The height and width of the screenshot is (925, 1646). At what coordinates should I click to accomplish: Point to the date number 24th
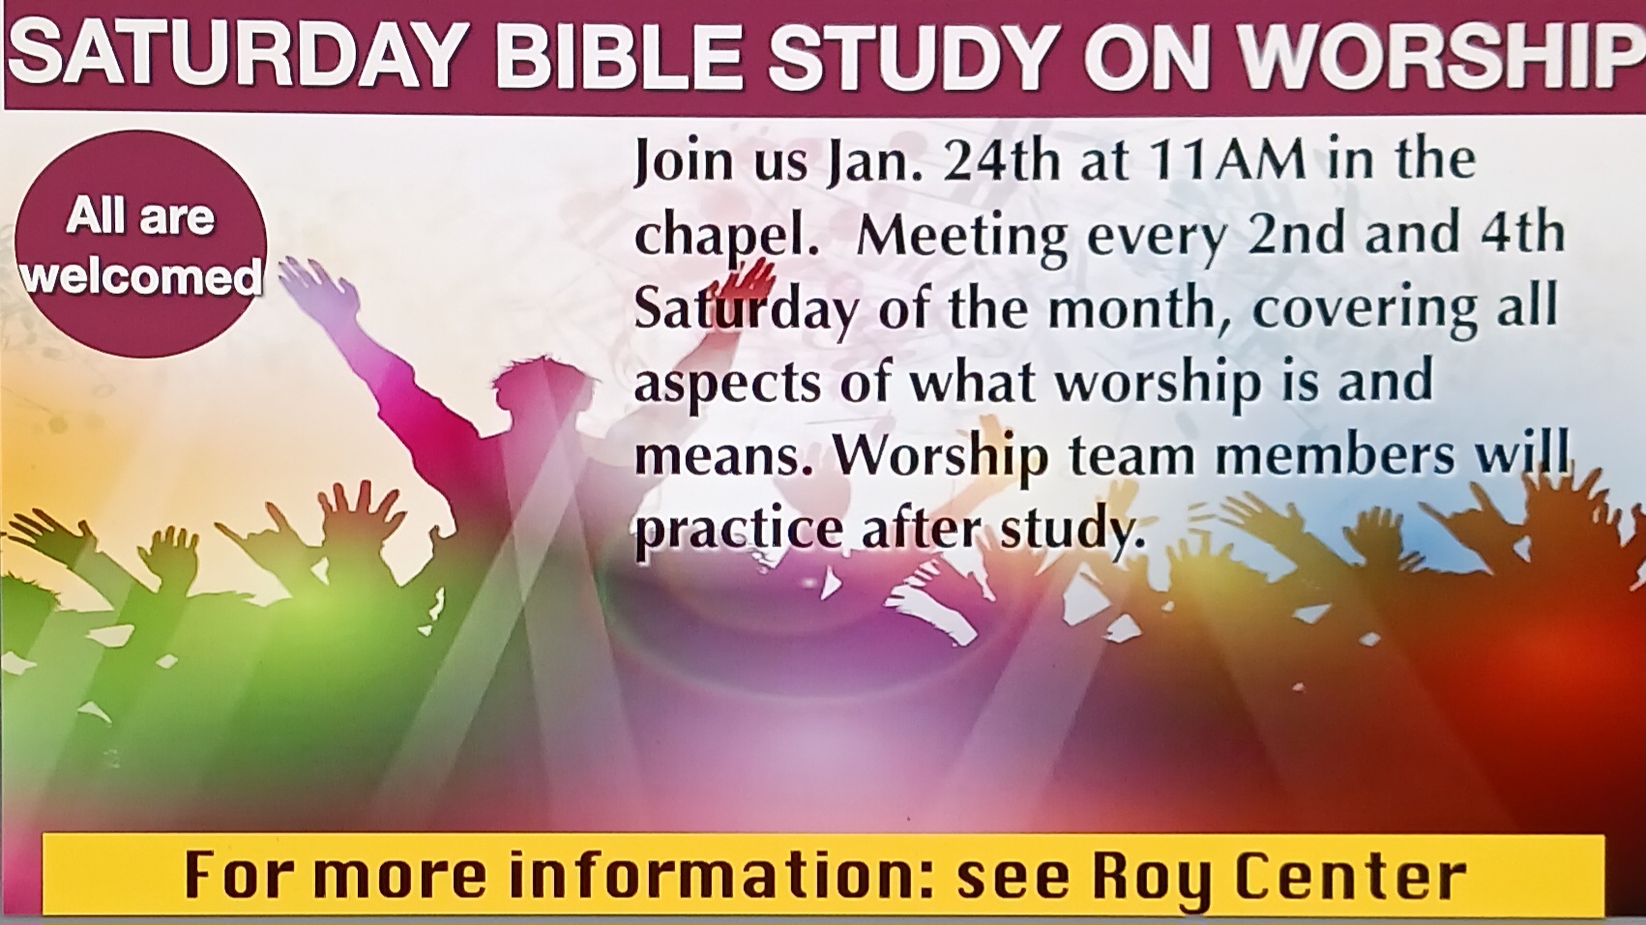(x=1001, y=160)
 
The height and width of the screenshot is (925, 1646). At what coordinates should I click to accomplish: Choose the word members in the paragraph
(x=1334, y=455)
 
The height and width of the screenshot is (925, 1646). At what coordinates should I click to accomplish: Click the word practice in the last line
(x=738, y=530)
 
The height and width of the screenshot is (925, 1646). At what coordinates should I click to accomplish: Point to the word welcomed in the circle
(x=141, y=277)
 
